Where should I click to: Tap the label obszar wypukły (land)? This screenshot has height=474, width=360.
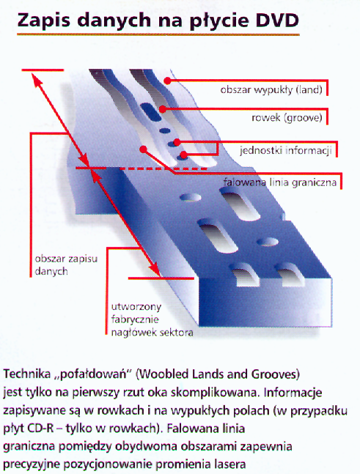pyautogui.click(x=271, y=90)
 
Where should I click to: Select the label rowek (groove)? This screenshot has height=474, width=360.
pyautogui.click(x=287, y=118)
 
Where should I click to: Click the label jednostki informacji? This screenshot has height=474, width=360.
pyautogui.click(x=286, y=150)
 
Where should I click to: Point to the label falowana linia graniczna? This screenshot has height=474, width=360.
pyautogui.click(x=280, y=182)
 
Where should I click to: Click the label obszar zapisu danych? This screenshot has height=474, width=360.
pyautogui.click(x=66, y=264)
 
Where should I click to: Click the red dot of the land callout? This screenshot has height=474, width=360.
pyautogui.click(x=167, y=81)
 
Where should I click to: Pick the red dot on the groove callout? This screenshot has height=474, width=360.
pyautogui.click(x=163, y=109)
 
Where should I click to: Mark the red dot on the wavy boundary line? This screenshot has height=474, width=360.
pyautogui.click(x=144, y=149)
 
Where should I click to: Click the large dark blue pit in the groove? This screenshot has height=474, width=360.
pyautogui.click(x=150, y=111)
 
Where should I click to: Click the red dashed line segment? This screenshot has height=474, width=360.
pyautogui.click(x=164, y=169)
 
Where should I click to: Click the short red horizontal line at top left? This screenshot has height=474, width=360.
pyautogui.click(x=43, y=70)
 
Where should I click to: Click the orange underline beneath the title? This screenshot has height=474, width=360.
pyautogui.click(x=158, y=34)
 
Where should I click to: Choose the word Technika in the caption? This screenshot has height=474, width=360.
pyautogui.click(x=27, y=374)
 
